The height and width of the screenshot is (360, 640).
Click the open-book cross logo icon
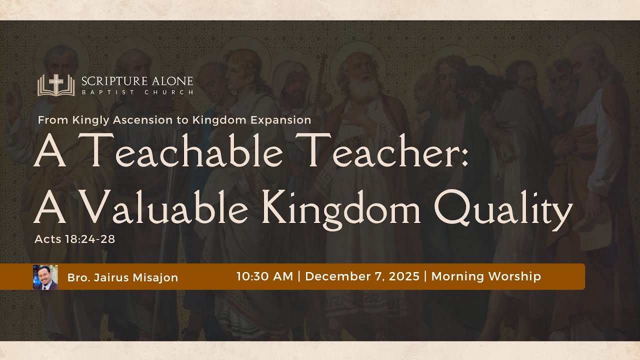[x=55, y=85]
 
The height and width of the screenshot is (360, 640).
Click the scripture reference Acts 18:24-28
[x=75, y=239]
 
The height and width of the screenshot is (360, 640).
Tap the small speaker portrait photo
[x=45, y=277]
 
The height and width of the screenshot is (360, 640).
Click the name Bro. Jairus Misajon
[x=123, y=278]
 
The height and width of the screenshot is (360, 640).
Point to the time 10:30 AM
[x=264, y=276]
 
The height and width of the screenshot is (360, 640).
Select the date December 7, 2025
[x=362, y=276]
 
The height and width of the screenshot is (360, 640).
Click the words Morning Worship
[x=486, y=276]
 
